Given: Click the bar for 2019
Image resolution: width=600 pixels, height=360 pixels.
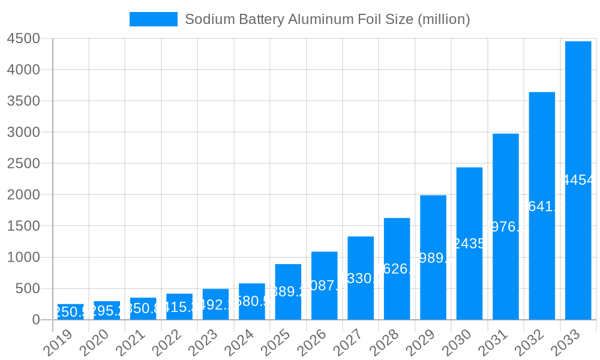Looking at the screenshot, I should (71, 312).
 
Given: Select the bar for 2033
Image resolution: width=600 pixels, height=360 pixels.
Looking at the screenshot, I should (578, 180).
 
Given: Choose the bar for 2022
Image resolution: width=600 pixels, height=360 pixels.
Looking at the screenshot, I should (179, 307).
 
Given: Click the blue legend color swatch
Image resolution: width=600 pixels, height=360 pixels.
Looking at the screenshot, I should (154, 19).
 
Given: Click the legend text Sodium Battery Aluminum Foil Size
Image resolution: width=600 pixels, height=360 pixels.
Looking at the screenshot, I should (327, 19).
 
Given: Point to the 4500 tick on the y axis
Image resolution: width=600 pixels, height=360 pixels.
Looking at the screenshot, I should (23, 38).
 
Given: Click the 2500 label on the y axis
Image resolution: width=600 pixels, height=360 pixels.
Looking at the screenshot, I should (23, 163).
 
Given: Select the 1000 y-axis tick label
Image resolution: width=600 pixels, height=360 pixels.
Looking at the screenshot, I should (23, 257).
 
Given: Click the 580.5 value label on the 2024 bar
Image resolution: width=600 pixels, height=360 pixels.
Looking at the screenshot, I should (252, 301).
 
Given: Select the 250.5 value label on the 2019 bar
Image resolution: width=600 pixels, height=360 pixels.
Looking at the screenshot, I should (71, 312).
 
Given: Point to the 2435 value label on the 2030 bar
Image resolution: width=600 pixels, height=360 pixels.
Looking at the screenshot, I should (469, 244).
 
